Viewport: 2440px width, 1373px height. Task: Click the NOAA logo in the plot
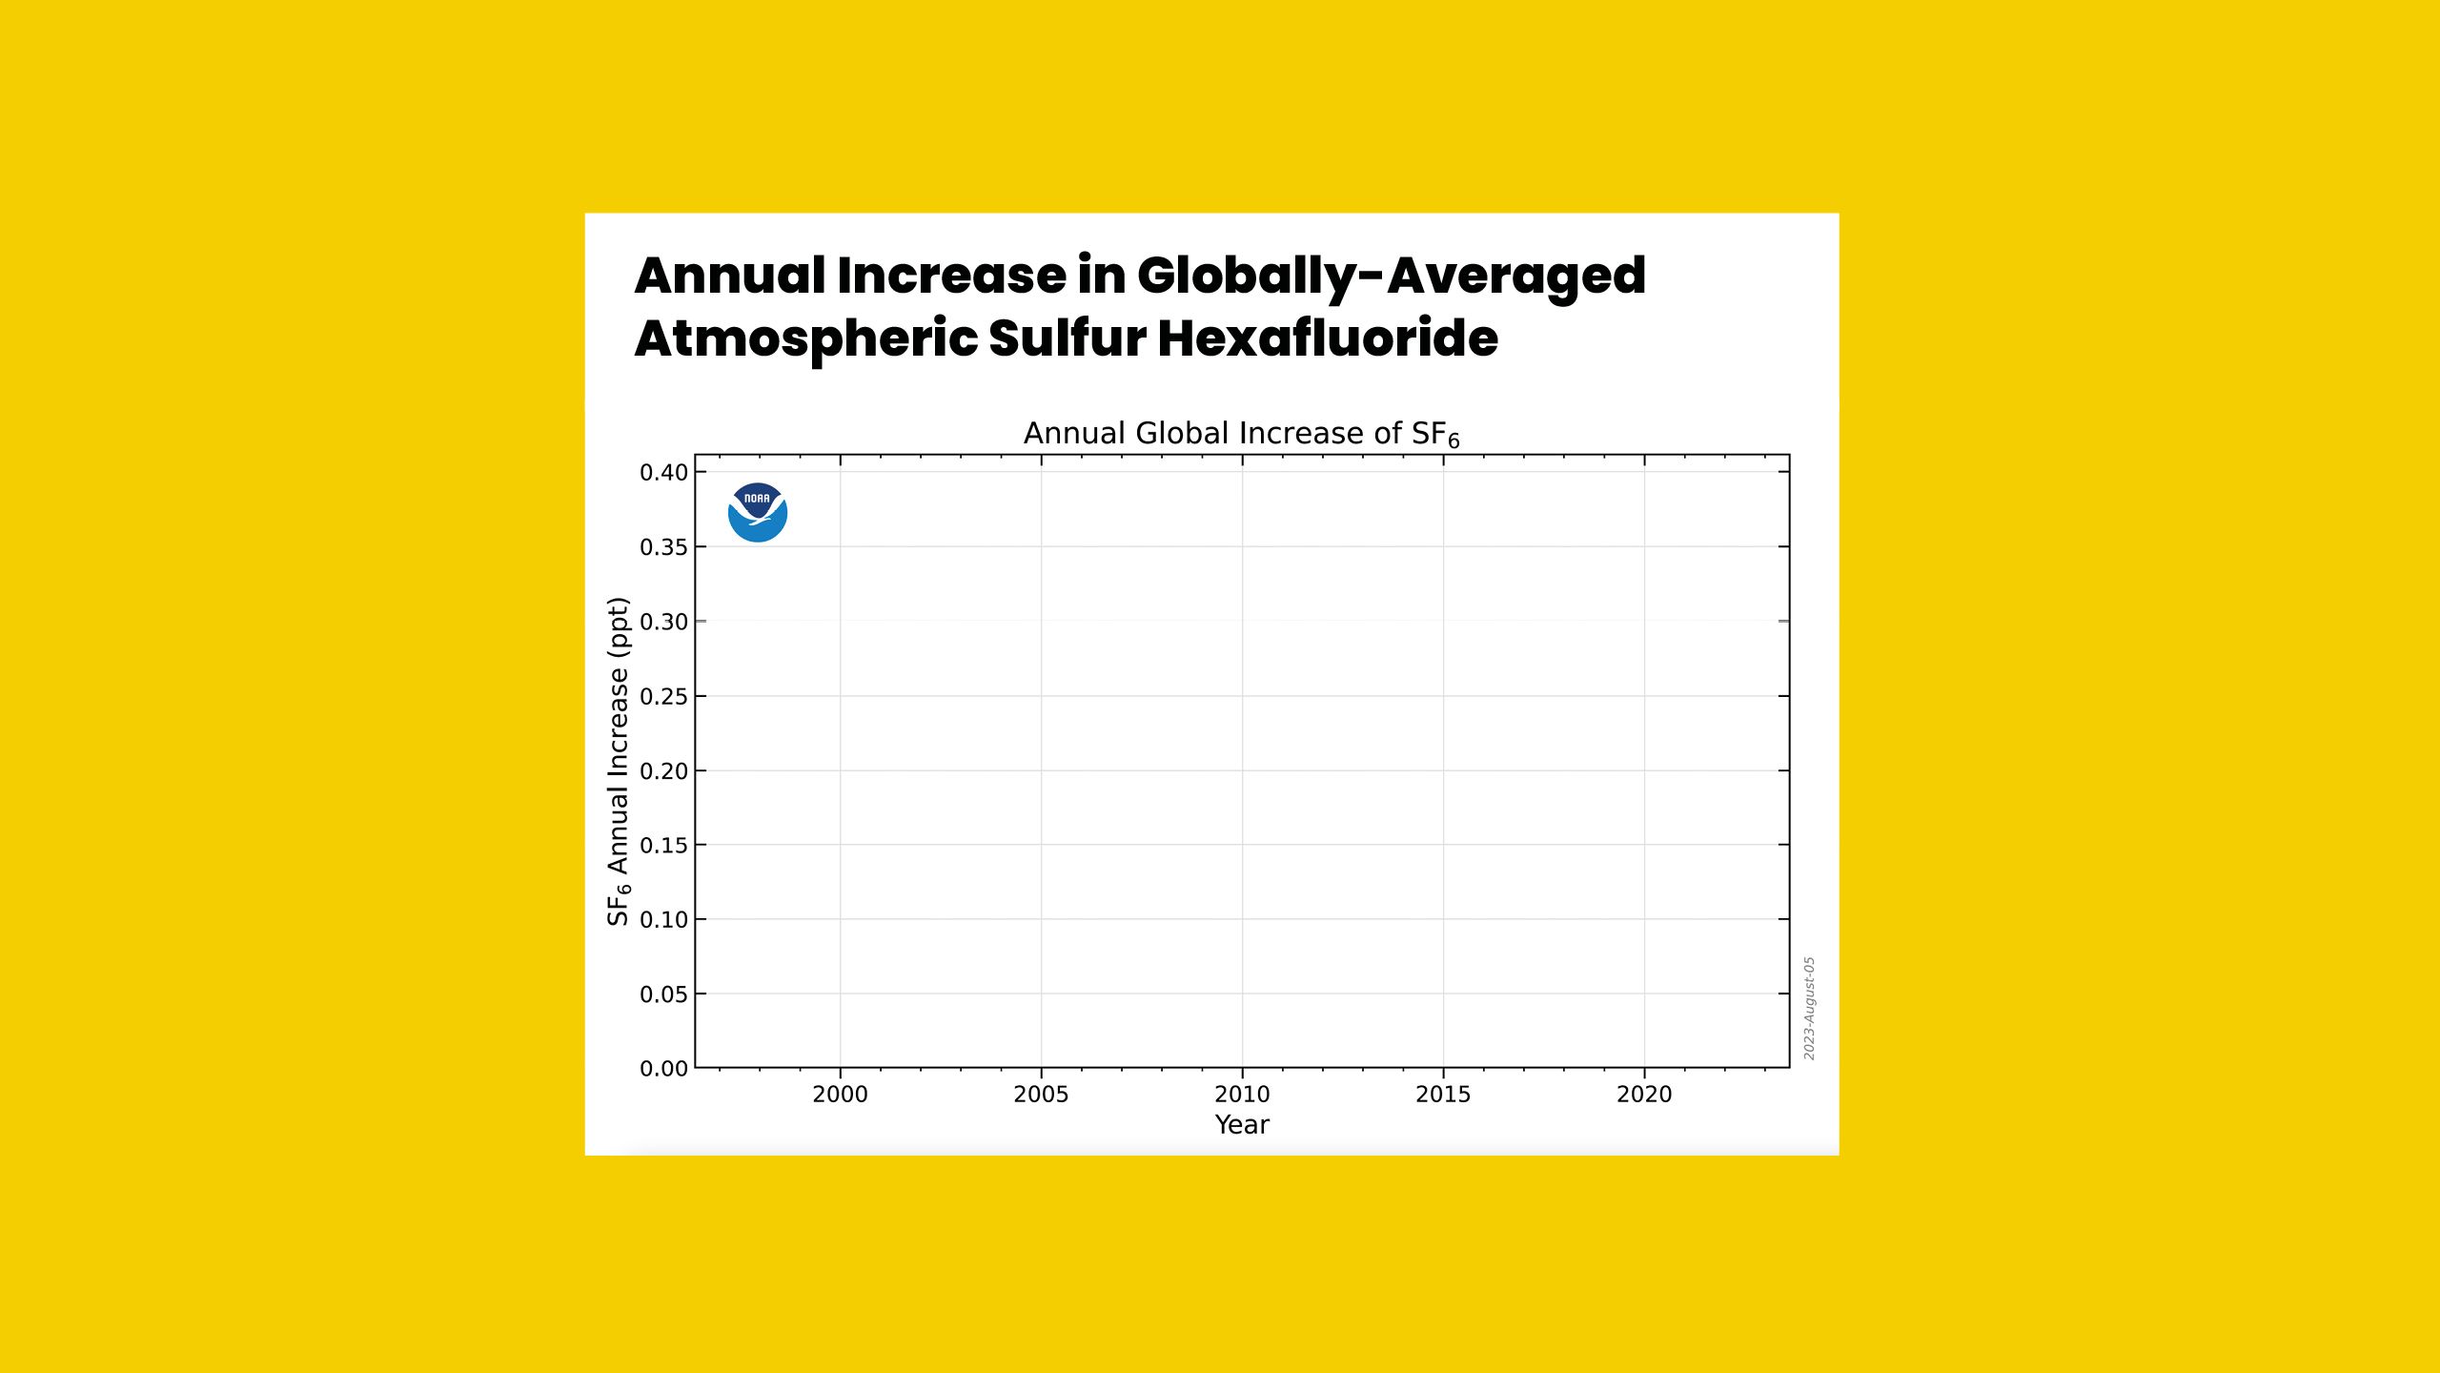758,512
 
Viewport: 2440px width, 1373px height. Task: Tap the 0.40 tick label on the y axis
663,473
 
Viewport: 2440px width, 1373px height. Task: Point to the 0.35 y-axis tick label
663,547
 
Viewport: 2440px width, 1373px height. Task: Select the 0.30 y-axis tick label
663,622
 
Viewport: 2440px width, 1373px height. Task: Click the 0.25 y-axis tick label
663,697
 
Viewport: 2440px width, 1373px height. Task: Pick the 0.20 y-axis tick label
663,771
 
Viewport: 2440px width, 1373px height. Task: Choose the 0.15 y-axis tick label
663,846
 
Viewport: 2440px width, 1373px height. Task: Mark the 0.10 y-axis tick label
663,920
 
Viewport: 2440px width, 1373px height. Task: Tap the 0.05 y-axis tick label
663,994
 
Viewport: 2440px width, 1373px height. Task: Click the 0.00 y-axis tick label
663,1069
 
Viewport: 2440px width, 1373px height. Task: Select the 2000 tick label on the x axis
840,1095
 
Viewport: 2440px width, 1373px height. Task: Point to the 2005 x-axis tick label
1041,1095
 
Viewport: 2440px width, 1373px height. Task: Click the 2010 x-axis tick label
1242,1095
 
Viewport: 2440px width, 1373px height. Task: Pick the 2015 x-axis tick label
1443,1095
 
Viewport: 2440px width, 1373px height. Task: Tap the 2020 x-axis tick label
1644,1095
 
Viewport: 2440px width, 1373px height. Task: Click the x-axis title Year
1242,1125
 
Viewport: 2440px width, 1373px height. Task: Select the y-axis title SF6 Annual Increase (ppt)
619,761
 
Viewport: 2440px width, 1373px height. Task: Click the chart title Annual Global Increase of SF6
1241,434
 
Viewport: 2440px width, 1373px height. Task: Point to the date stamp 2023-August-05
1809,1009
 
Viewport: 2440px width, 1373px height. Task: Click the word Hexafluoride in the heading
1328,338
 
